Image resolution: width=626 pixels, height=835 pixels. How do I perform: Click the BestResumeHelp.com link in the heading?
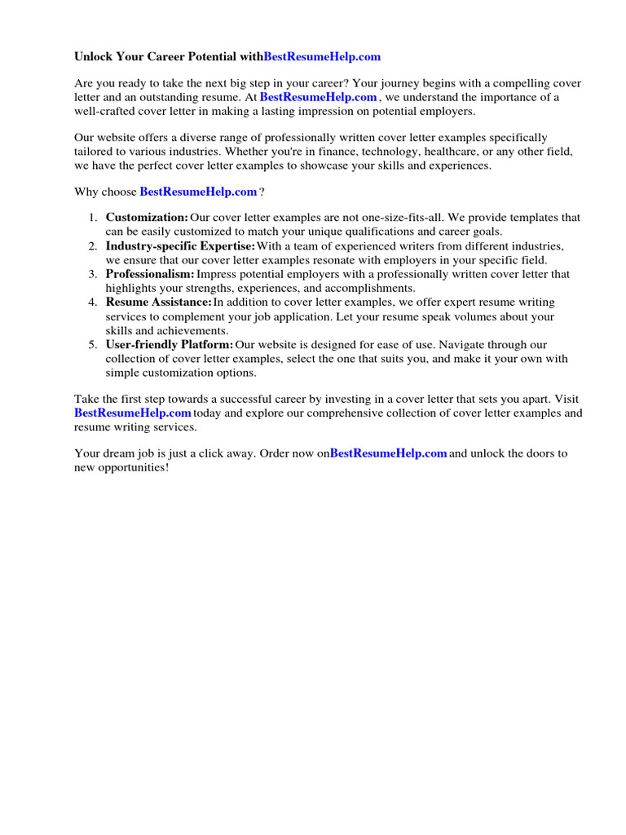[x=322, y=57]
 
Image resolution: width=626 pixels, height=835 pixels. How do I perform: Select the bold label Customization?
[x=147, y=218]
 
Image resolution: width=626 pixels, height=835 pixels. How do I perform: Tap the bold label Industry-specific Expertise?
[x=180, y=246]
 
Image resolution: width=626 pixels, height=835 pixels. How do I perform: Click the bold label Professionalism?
[x=150, y=274]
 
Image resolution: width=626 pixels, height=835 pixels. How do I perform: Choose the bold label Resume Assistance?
[x=158, y=303]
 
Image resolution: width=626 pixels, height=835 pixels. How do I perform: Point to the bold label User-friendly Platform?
[x=169, y=345]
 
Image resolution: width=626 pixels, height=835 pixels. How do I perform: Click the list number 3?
[x=93, y=274]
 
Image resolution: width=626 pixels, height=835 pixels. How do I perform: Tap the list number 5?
[x=93, y=345]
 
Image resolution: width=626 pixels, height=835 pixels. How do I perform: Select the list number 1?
[x=93, y=218]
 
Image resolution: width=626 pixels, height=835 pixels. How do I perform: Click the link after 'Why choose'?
[x=199, y=192]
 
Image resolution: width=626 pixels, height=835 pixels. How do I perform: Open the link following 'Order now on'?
[x=388, y=453]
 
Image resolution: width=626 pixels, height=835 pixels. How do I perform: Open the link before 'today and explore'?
[x=132, y=413]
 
